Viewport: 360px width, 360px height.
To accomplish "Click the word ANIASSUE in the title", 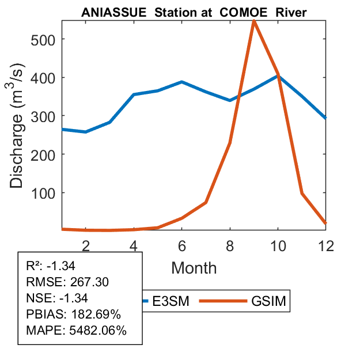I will (x=109, y=12).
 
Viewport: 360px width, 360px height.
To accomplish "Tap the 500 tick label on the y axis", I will (x=43, y=39).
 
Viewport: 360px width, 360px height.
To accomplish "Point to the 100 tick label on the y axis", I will (x=43, y=192).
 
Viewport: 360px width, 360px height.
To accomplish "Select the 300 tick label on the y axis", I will (x=43, y=116).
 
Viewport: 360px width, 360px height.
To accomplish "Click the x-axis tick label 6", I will (x=181, y=245).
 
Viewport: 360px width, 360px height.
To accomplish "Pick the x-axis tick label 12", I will (x=326, y=245).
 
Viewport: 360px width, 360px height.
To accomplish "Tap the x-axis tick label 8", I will (x=230, y=245).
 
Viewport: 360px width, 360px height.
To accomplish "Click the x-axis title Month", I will (x=194, y=268).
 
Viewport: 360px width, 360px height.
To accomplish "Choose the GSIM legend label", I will (x=268, y=301).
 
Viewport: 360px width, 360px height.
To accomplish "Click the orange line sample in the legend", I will (x=223, y=301).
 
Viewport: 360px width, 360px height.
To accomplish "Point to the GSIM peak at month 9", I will (x=254, y=21).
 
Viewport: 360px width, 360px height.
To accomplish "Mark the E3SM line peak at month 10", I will (x=278, y=75).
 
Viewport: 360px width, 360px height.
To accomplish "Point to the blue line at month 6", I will (x=181, y=82).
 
